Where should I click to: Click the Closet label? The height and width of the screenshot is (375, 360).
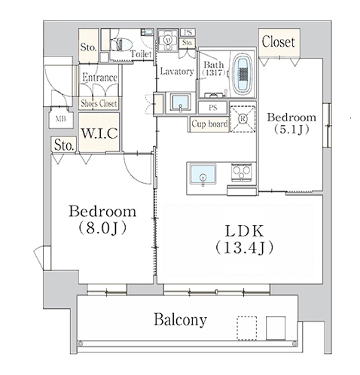point(278,42)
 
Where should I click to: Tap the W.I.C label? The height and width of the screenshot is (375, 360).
point(99,133)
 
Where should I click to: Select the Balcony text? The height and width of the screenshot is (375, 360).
point(180,320)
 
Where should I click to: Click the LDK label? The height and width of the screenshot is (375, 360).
point(244,231)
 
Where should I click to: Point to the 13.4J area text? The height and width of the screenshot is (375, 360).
point(244,248)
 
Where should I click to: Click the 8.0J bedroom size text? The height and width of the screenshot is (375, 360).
point(102,228)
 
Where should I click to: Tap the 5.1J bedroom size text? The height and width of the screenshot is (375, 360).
point(291,130)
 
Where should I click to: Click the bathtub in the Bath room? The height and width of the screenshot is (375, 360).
point(243,74)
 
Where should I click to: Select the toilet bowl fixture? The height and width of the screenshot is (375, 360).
point(121,45)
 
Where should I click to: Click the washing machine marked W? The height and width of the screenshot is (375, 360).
point(168,40)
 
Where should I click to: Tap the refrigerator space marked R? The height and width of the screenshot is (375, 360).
point(243,119)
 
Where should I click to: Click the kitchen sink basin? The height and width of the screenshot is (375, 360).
point(203,174)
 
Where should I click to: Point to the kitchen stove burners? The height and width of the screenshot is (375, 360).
point(241,172)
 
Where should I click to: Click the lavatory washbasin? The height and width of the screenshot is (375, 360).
point(180,102)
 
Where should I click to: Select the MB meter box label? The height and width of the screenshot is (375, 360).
point(61,119)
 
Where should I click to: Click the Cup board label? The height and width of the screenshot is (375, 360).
point(209,123)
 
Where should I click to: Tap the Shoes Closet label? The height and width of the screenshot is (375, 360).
point(99,103)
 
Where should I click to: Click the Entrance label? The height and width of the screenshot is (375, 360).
point(99,78)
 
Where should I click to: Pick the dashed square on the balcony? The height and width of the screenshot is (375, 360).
point(247,328)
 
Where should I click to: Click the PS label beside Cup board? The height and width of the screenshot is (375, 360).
point(212,108)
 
